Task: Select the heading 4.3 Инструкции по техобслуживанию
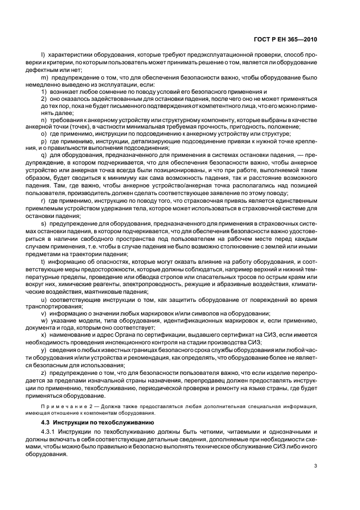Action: tap(91, 423)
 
